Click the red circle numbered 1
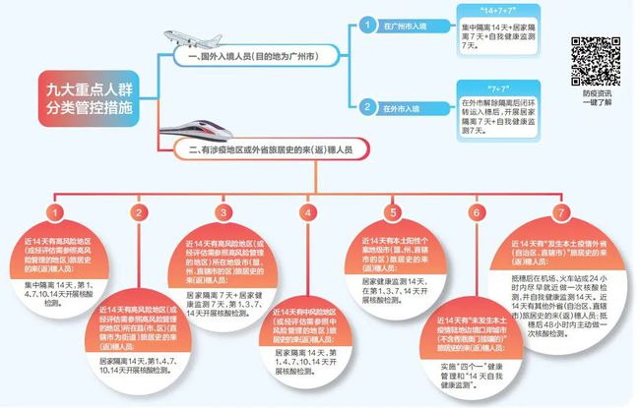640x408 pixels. (x=57, y=213)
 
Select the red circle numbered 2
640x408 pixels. (x=140, y=213)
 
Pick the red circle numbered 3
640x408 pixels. (x=224, y=213)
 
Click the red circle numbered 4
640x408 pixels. (x=308, y=213)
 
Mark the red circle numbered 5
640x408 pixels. (x=393, y=213)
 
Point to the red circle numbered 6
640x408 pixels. (x=477, y=213)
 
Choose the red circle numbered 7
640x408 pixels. (x=562, y=213)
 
